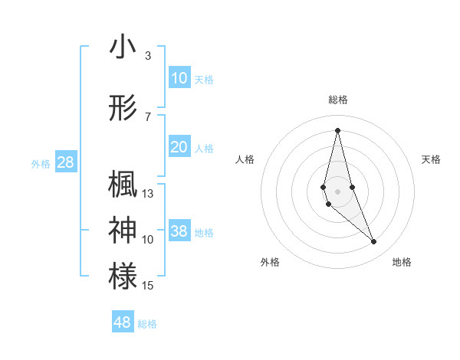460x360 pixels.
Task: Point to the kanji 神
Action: point(123,230)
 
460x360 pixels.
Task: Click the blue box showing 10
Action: point(179,78)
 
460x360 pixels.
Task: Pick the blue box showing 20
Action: point(179,147)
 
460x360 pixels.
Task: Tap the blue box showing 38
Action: point(179,231)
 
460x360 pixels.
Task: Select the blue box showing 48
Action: point(123,322)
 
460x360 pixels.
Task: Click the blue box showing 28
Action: point(65,162)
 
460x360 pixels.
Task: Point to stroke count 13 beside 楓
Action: point(148,194)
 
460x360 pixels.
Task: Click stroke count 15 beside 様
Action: point(148,286)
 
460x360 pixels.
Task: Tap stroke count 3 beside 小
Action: point(148,56)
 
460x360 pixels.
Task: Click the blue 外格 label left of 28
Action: point(40,163)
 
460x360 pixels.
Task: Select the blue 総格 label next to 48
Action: point(147,323)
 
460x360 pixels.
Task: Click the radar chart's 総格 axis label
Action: point(337,100)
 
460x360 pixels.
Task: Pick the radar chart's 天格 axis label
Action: point(431,159)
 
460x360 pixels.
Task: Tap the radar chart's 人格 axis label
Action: point(245,159)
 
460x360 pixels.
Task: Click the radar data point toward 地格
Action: point(374,242)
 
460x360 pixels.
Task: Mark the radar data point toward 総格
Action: point(337,129)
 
